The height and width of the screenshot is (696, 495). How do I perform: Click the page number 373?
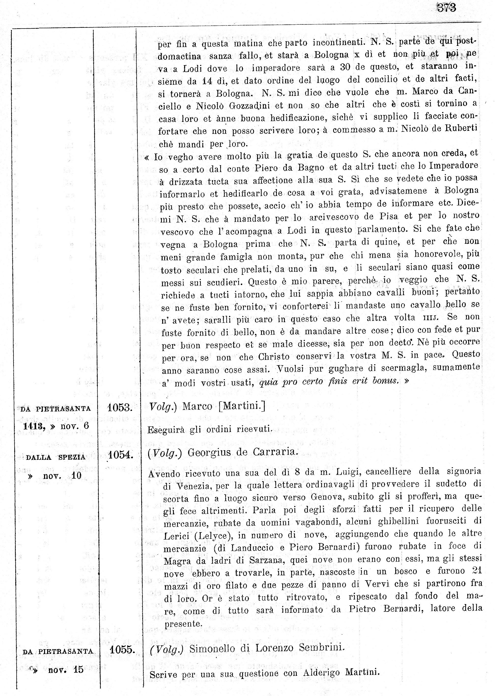pos(447,8)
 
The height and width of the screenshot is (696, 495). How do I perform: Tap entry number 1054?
pos(121,455)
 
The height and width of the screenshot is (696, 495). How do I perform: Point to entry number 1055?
pos(122,650)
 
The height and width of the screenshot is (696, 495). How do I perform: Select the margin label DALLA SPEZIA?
pos(55,457)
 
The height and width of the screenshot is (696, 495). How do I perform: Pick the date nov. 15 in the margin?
pos(65,670)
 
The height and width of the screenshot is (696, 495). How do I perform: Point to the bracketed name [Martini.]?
pos(242,406)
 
